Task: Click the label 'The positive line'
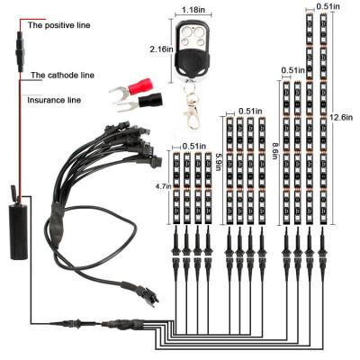click(59, 25)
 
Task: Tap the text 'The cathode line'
click(63, 75)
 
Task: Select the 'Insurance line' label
click(54, 100)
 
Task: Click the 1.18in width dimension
click(193, 10)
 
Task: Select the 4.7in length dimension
click(163, 186)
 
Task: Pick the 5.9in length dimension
click(219, 161)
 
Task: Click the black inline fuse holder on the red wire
click(20, 50)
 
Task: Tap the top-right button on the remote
click(198, 31)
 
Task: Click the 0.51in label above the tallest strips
click(328, 5)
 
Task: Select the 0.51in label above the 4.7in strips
click(194, 146)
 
